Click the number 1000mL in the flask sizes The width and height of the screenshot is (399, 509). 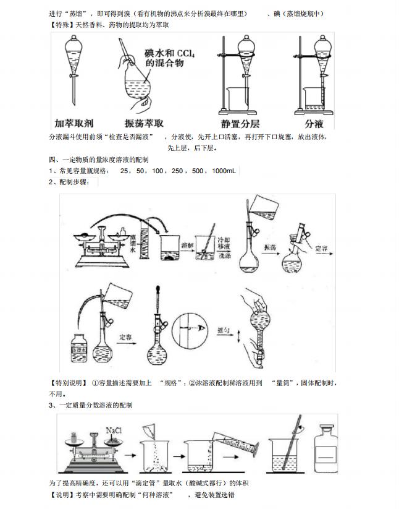pyautogui.click(x=224, y=171)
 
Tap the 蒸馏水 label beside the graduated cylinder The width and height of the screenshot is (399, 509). pyautogui.click(x=133, y=243)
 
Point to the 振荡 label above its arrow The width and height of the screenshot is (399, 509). pyautogui.click(x=269, y=247)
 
